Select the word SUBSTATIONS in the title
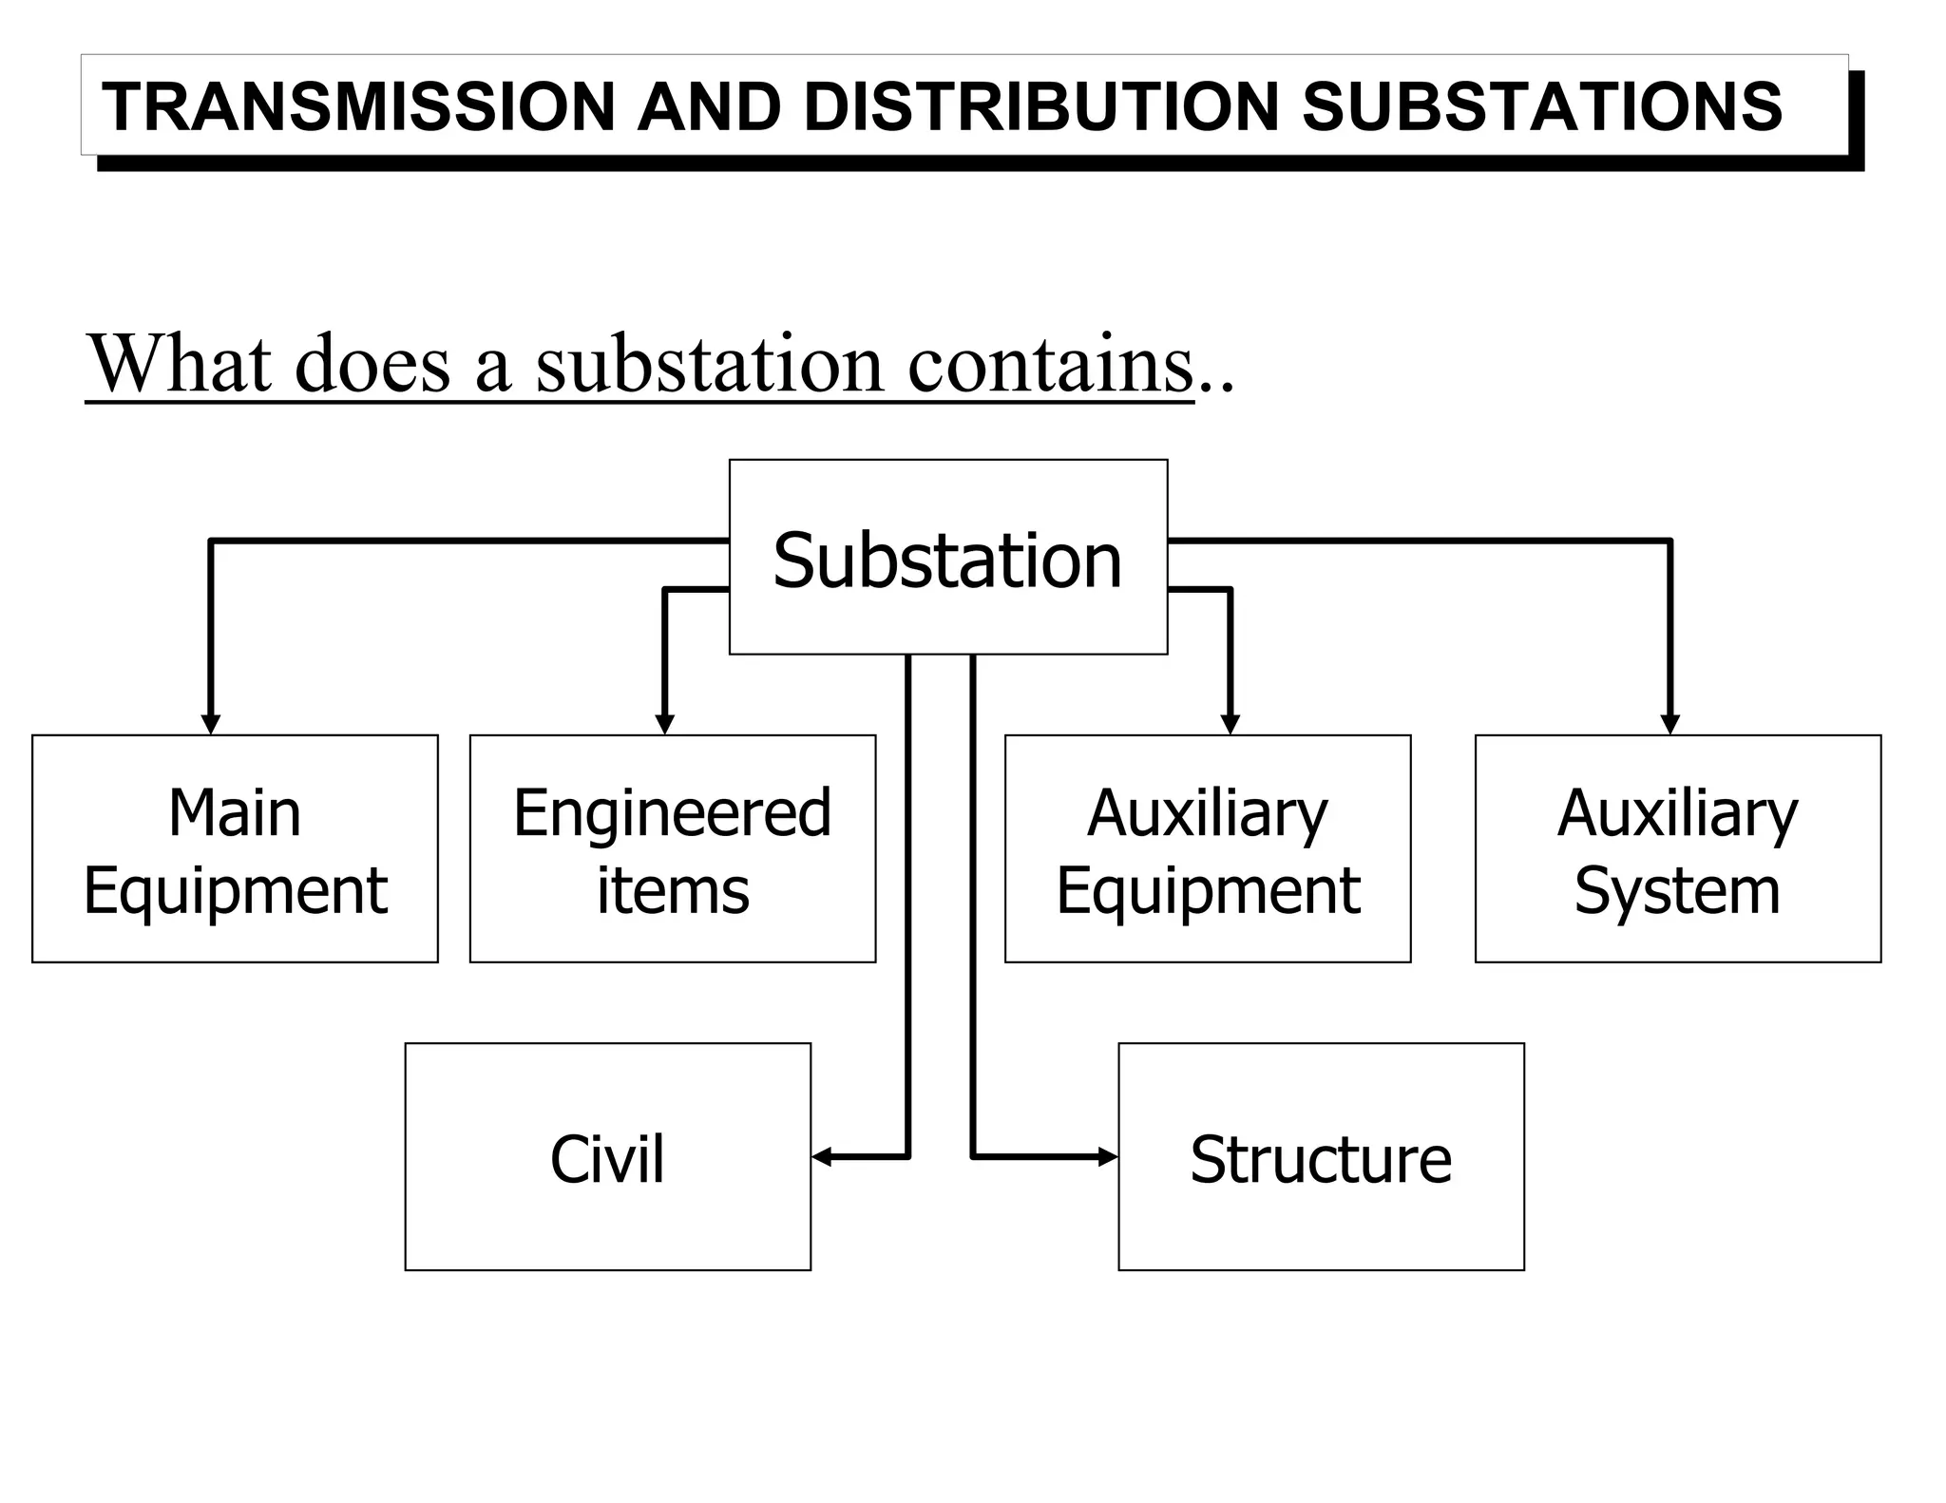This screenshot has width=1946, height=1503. (x=1541, y=106)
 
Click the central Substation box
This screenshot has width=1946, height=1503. (x=947, y=559)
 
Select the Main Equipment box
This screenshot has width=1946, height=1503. (x=235, y=848)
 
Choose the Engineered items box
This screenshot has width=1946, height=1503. (x=672, y=848)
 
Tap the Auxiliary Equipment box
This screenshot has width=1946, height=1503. (x=1207, y=848)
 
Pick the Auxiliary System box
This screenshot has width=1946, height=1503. (x=1677, y=848)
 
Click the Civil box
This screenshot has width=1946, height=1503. (x=607, y=1156)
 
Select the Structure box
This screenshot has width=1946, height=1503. (x=1321, y=1156)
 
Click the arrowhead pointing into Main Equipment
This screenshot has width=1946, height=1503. (x=211, y=725)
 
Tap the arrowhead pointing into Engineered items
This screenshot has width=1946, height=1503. (x=665, y=725)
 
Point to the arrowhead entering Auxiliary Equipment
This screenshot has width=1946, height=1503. (x=1230, y=725)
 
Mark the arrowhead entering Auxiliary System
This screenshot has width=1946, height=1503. (x=1669, y=725)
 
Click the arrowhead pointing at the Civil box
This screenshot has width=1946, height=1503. (x=822, y=1156)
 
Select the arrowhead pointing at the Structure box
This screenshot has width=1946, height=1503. (x=1108, y=1156)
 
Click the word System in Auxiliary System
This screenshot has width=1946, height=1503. (x=1677, y=890)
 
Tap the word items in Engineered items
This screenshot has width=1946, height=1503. (x=673, y=890)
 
